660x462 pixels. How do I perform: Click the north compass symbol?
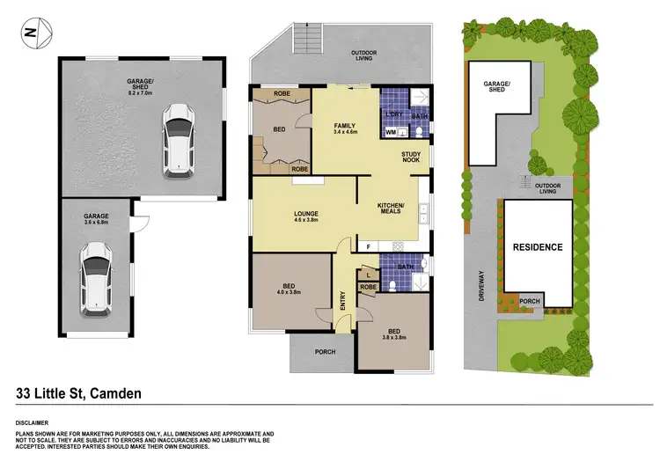(x=32, y=34)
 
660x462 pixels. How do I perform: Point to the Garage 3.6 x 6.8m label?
(x=96, y=219)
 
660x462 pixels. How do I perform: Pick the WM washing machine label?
(x=391, y=133)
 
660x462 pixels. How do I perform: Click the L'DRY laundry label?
(x=393, y=114)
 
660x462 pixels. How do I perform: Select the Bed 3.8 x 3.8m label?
(x=393, y=335)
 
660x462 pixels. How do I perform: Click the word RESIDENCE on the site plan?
(x=537, y=247)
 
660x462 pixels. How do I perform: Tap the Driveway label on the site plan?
(x=480, y=287)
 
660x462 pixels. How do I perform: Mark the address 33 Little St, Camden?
(x=79, y=393)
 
